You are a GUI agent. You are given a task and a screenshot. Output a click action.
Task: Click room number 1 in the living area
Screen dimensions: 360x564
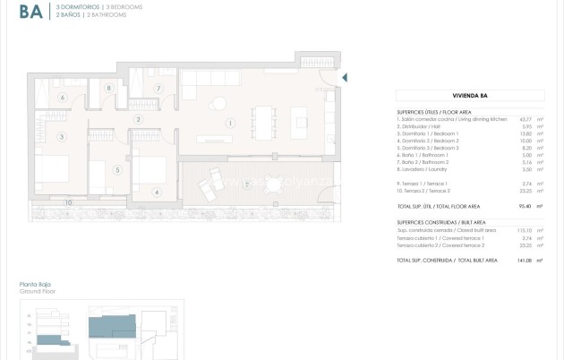point(230,123)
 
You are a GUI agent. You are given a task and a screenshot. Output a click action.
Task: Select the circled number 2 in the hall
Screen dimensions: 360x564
point(138,119)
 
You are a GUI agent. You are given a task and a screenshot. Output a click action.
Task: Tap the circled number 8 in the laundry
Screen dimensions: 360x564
point(108,88)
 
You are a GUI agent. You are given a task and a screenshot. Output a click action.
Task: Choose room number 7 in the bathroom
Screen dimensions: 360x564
point(158,88)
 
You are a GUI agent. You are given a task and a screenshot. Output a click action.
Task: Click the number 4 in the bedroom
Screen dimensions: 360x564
point(156,192)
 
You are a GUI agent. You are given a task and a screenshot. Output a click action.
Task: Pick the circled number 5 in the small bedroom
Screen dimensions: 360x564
point(117,169)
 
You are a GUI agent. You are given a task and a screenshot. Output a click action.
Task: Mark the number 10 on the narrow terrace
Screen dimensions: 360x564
point(68,202)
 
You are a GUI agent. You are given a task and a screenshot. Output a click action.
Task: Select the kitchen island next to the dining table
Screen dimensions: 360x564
point(300,118)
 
